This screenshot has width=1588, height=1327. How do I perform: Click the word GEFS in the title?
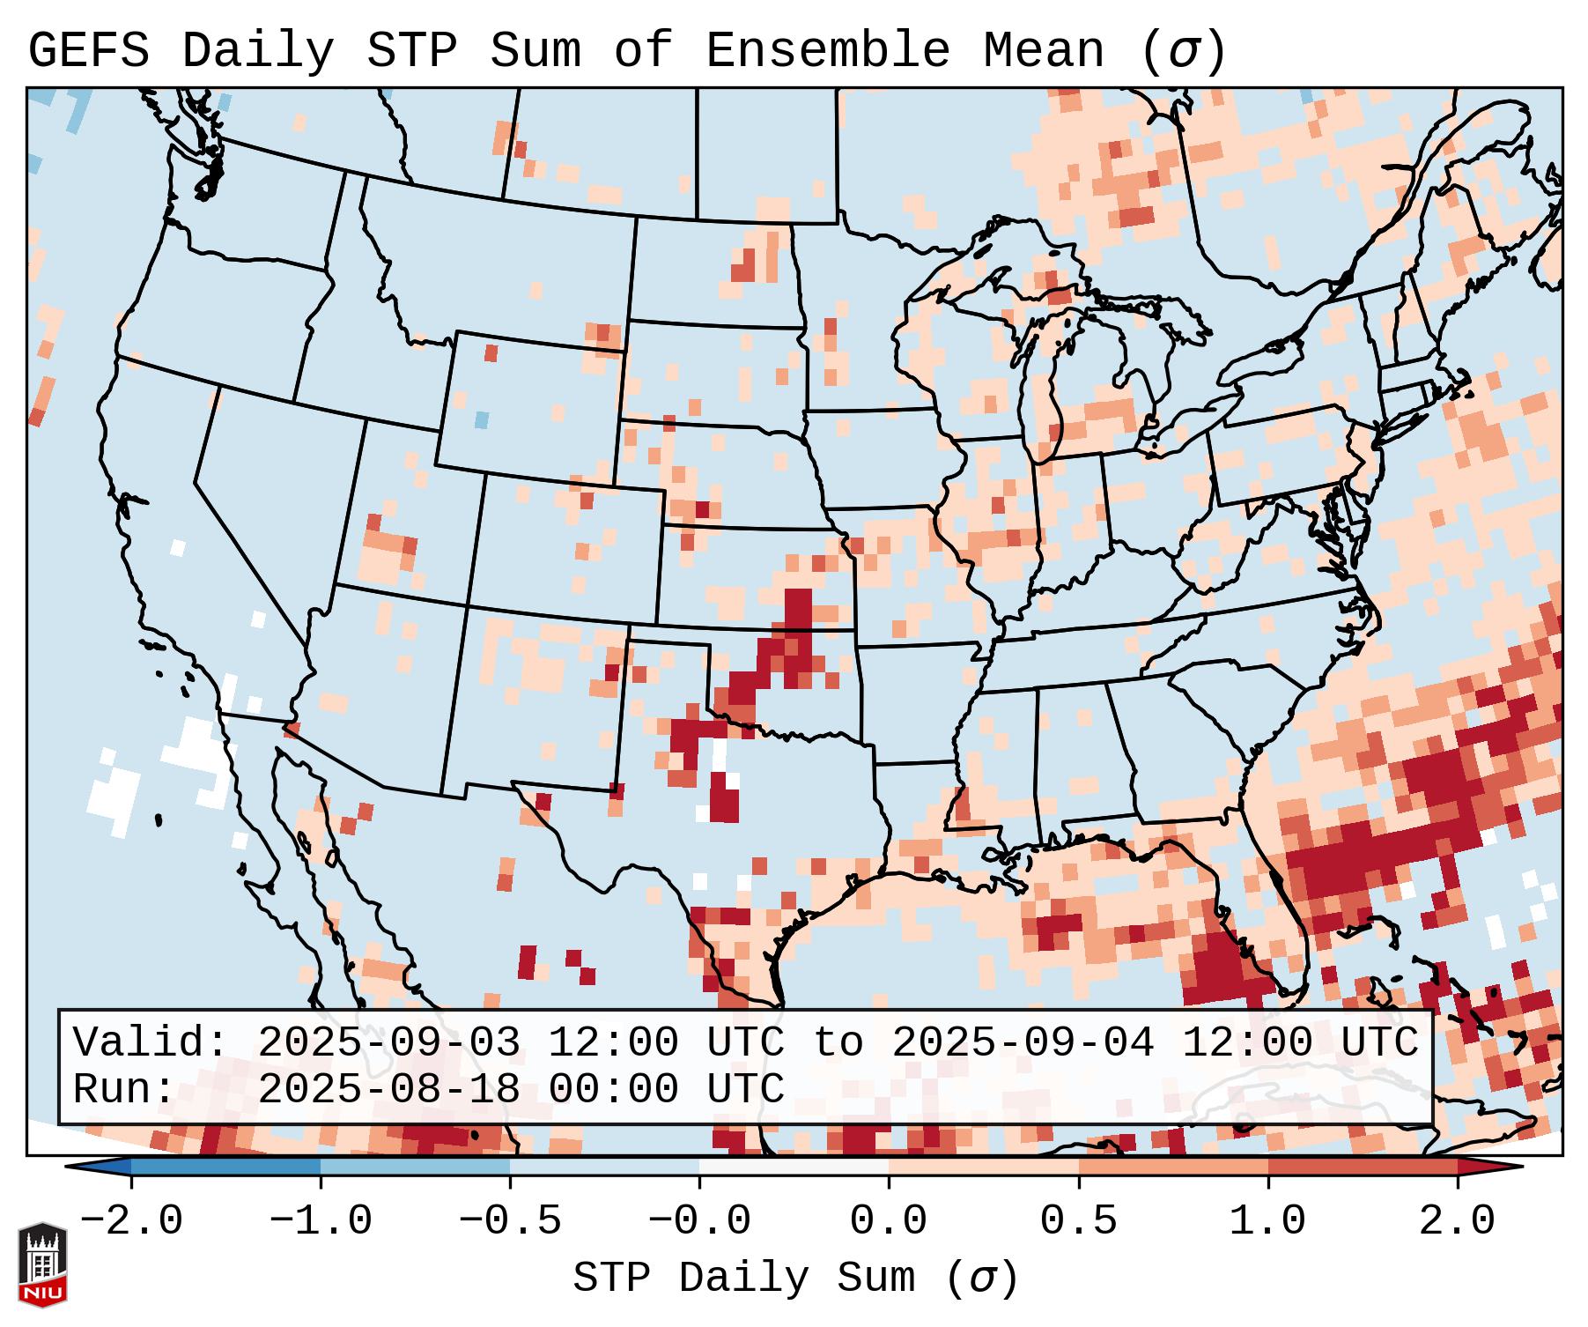88,51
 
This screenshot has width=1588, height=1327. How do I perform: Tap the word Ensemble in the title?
828,51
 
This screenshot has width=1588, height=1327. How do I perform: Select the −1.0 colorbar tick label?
320,1221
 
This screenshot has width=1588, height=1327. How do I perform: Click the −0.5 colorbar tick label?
510,1221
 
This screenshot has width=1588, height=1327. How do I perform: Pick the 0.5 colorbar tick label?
1078,1221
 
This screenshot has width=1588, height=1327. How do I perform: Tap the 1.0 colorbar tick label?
1267,1221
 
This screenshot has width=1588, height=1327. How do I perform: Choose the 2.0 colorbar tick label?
1458,1221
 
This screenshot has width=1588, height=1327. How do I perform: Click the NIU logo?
42,1264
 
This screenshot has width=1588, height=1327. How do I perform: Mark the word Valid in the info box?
150,1043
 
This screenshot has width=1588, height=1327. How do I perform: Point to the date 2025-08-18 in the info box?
388,1089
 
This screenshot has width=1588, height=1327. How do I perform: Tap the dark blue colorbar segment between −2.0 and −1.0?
225,1167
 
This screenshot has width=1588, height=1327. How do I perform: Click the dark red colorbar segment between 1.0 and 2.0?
1363,1167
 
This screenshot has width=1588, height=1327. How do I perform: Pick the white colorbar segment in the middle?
794,1167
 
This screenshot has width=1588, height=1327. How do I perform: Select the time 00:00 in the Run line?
613,1089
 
